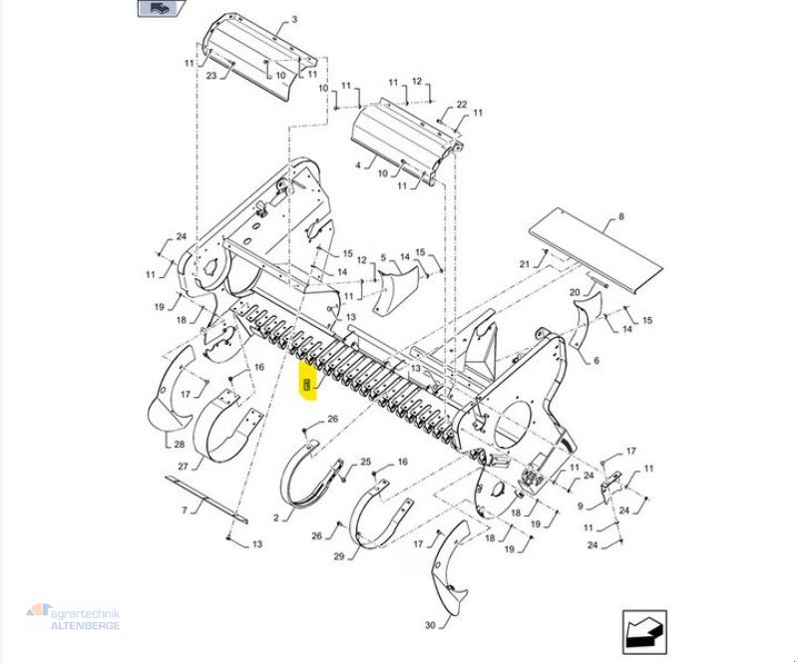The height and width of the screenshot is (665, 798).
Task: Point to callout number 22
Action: (462, 105)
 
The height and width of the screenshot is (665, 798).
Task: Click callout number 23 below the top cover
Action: (211, 75)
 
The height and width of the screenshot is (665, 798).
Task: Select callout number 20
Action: (575, 292)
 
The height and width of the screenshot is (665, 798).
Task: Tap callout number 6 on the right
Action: (597, 360)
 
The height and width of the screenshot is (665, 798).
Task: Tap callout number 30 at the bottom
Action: (429, 625)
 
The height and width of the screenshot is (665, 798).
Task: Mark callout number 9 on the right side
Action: (581, 505)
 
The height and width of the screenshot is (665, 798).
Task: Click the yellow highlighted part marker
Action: (308, 385)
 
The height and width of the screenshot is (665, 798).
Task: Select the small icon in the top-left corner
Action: (161, 9)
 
